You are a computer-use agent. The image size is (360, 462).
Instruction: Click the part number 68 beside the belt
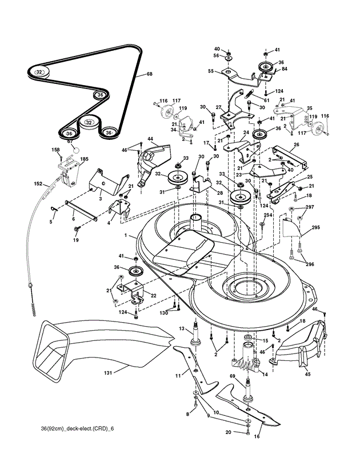[x=150, y=74]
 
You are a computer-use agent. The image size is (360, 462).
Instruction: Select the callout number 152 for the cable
[x=38, y=184]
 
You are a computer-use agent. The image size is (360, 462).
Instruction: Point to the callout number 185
[x=84, y=159]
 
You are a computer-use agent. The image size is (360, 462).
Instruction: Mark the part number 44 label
[x=150, y=139]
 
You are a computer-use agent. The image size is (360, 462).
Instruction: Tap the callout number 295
[x=315, y=227]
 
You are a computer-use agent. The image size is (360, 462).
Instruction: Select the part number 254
[x=267, y=215]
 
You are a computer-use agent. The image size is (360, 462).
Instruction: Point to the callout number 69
[x=233, y=377]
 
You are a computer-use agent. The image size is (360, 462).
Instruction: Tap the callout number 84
[x=284, y=69]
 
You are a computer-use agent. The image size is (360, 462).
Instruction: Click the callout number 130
[x=164, y=313]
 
